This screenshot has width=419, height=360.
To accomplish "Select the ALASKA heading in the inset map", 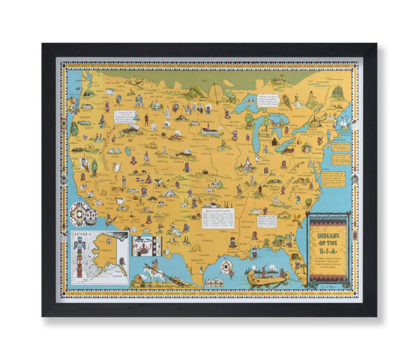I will tap(81, 235).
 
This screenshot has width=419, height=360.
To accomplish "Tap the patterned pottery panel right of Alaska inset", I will tap(142, 245).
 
